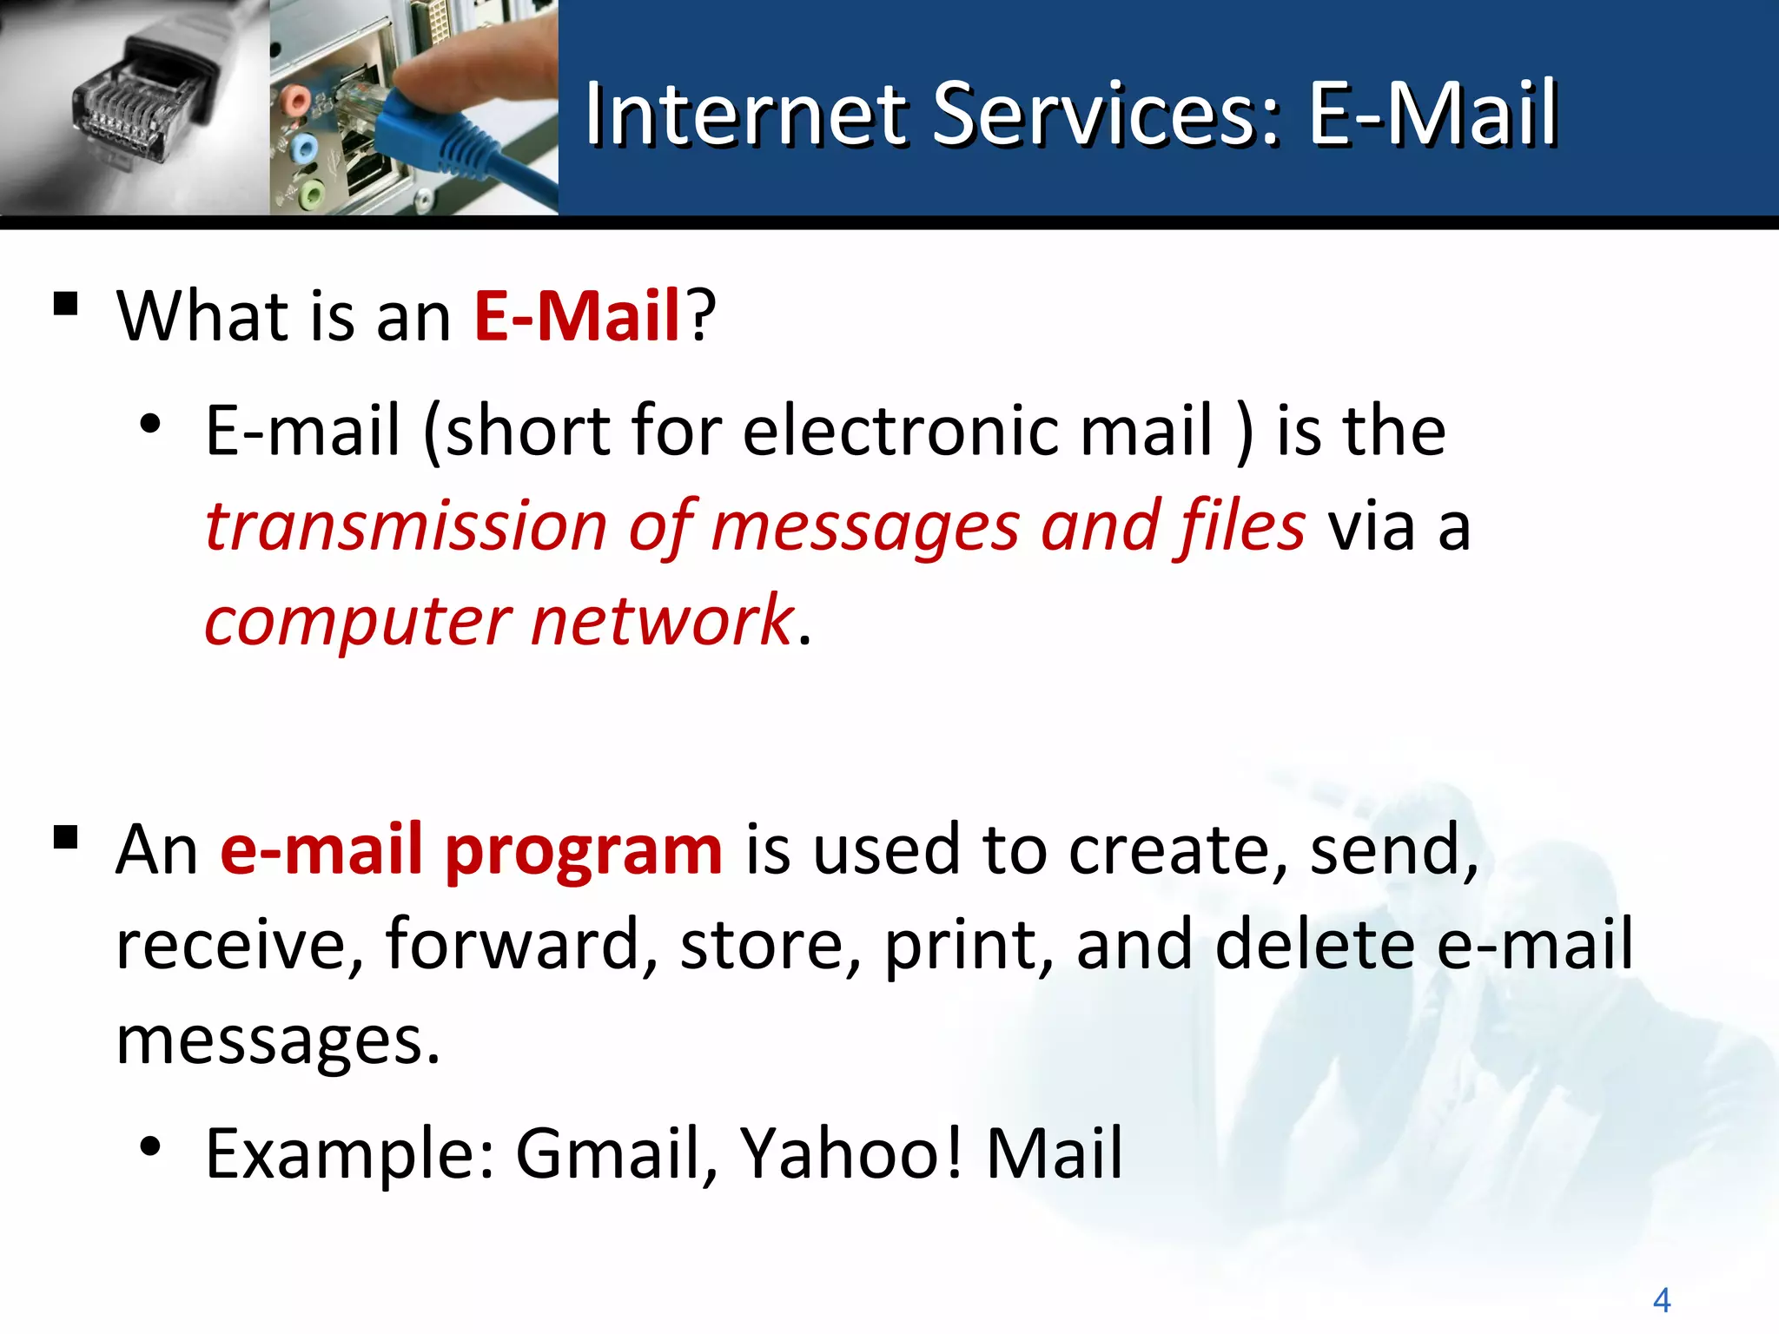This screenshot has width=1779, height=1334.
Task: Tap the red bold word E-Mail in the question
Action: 577,315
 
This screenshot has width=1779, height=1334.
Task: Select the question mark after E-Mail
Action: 701,315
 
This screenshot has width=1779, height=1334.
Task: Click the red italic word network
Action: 662,622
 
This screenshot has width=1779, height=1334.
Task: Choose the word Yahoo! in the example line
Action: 851,1154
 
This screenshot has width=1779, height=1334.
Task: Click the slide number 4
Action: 1661,1300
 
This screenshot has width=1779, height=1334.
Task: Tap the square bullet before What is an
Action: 66,305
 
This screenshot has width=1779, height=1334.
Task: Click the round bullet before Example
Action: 151,1147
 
